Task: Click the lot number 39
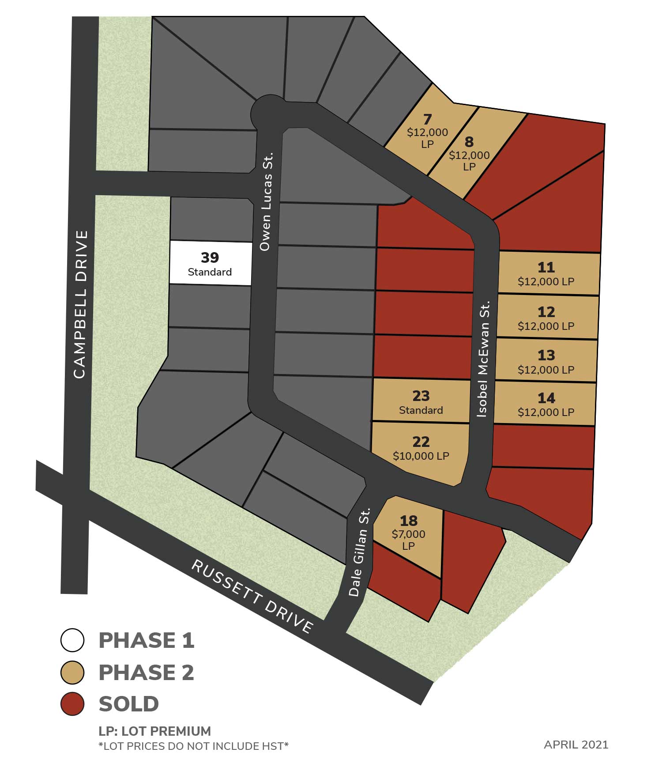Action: (x=210, y=257)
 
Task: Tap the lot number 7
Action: (x=427, y=119)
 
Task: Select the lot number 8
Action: (x=469, y=142)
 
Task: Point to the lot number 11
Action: (x=546, y=267)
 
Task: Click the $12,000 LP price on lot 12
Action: (x=546, y=326)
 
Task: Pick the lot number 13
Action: (x=546, y=355)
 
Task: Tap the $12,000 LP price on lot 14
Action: (x=546, y=412)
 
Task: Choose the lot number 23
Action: (x=421, y=396)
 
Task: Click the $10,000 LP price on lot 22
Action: (x=421, y=456)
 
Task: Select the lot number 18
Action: (x=408, y=521)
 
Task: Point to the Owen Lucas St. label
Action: (x=266, y=202)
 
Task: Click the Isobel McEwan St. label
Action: (x=484, y=359)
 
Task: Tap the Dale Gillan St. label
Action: (x=358, y=552)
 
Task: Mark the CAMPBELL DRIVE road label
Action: (x=80, y=305)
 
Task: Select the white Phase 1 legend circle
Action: (x=72, y=640)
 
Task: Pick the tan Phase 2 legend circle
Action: (x=72, y=672)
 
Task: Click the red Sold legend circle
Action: (x=72, y=703)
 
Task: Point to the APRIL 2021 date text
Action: (x=576, y=745)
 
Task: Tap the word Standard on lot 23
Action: (x=421, y=410)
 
